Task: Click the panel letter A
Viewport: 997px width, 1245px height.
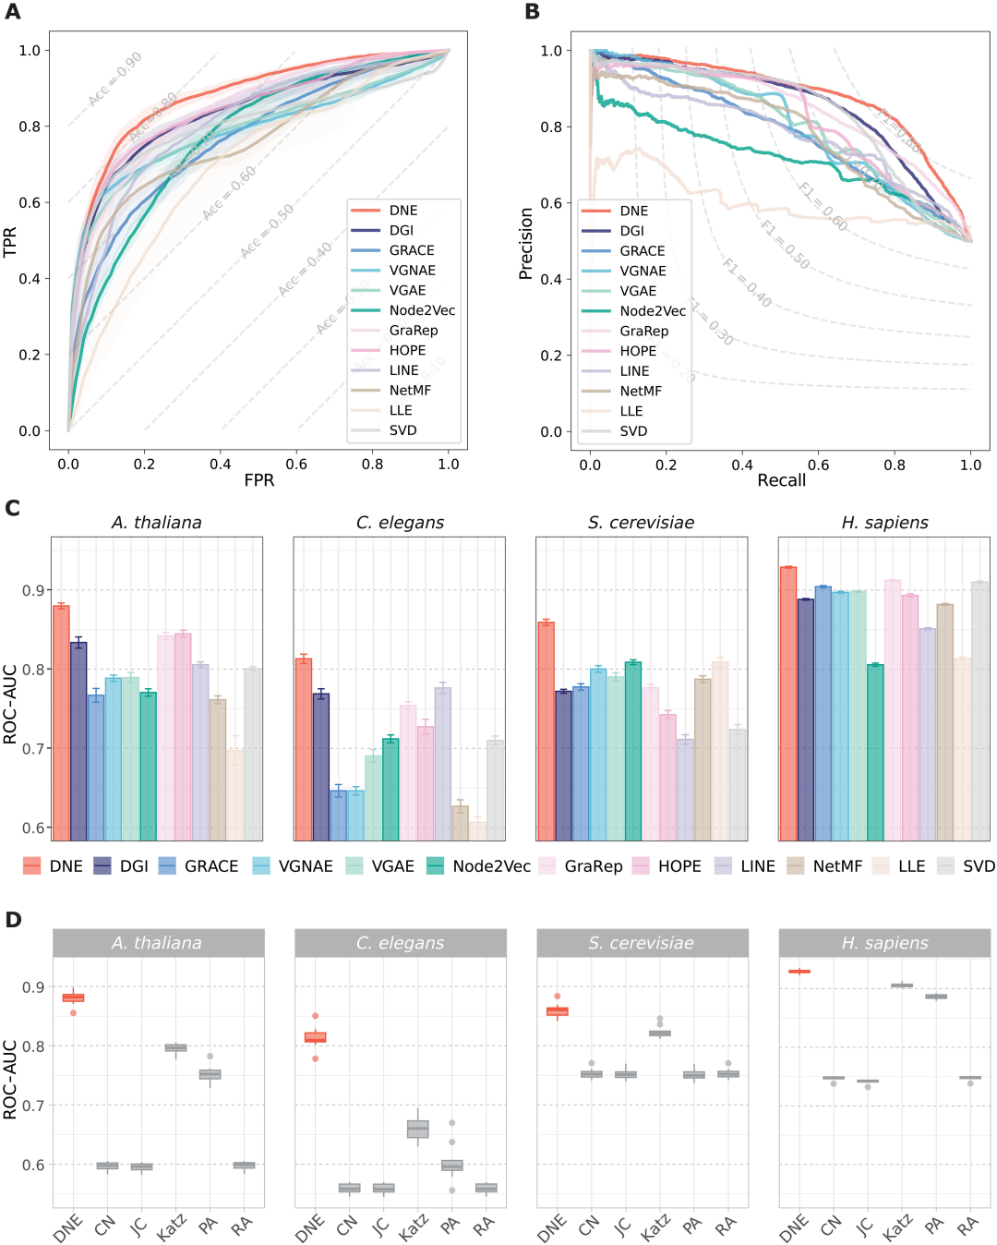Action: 12,12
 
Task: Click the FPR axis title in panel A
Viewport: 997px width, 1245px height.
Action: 259,480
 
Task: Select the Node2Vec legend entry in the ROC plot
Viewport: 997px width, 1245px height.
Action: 422,310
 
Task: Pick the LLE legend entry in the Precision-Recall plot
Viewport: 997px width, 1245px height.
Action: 631,411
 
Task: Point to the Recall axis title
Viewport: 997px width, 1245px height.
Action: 781,480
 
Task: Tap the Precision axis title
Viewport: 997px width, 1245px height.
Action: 526,243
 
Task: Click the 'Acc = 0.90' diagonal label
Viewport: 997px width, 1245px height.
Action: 115,79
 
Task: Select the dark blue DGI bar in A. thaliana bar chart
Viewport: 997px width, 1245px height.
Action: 78,740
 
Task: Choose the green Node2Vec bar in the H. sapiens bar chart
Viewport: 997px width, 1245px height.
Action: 875,752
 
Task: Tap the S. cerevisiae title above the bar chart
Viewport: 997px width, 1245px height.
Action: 641,523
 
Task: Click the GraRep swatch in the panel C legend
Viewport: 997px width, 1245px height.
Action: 548,866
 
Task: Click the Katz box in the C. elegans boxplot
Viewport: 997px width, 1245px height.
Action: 418,1129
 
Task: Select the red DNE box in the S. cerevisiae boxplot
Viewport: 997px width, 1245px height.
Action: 558,1011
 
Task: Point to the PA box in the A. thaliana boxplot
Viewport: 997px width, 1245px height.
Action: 210,1074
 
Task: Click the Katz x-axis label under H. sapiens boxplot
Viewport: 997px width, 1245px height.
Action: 898,1227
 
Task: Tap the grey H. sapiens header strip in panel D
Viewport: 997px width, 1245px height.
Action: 884,943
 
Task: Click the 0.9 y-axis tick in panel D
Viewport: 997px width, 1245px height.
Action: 33,987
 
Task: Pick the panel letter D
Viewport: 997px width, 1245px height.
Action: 13,920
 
